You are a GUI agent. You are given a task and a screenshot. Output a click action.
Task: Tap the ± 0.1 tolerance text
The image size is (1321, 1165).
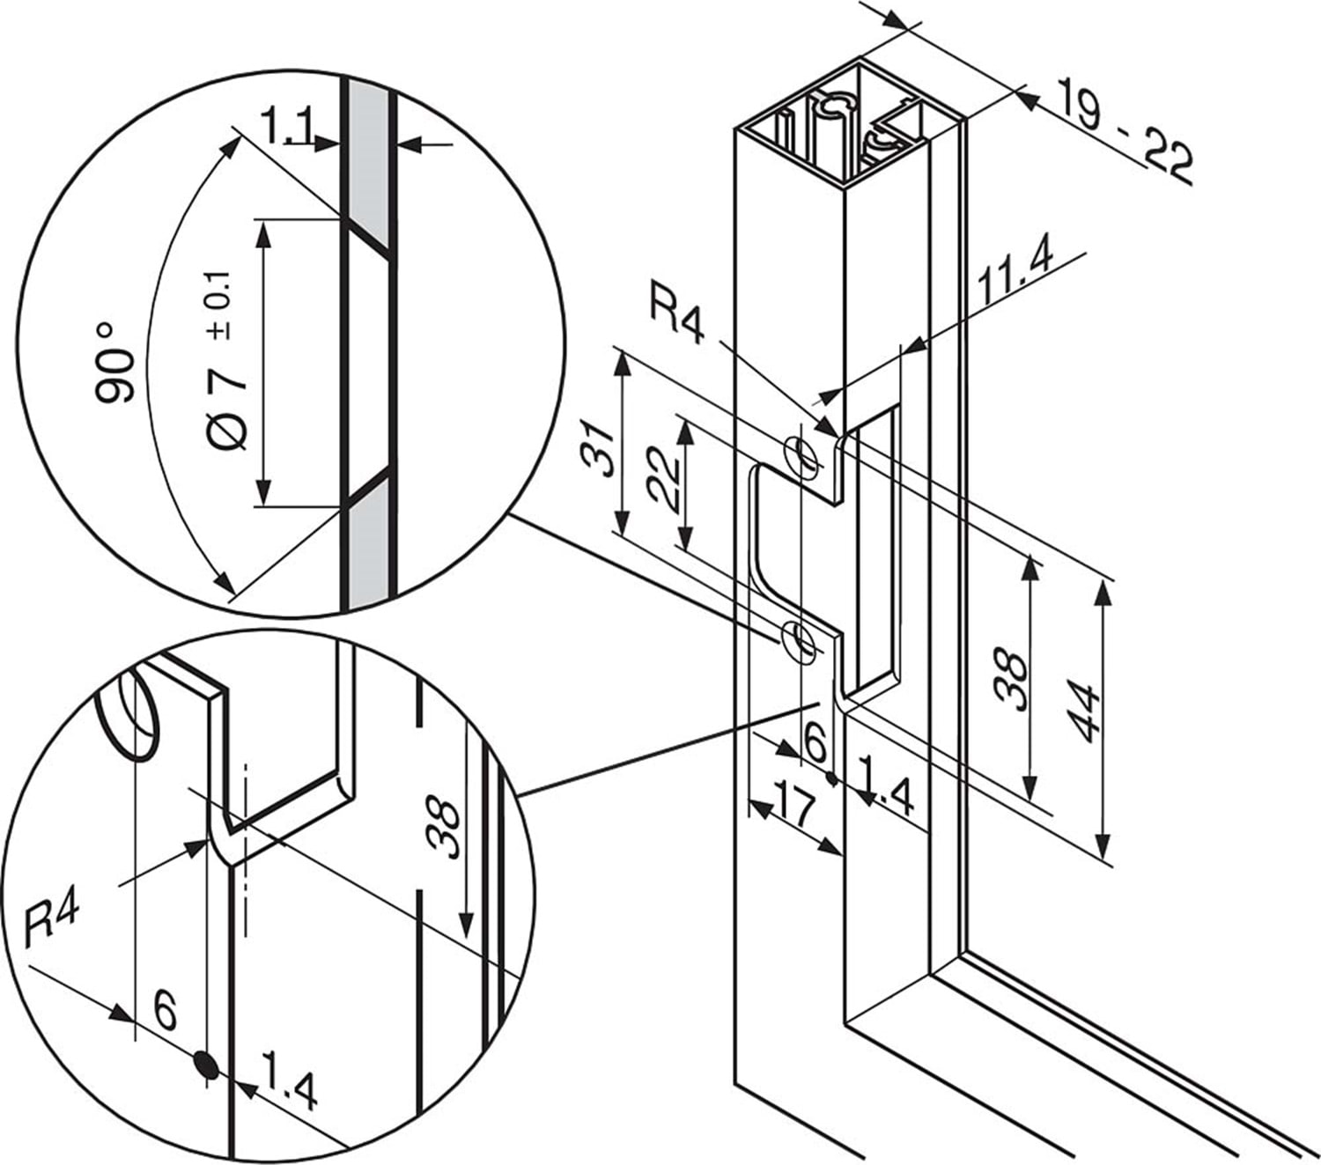[221, 304]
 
